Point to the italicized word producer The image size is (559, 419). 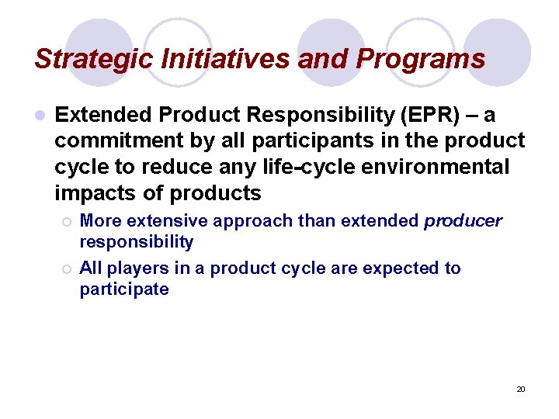point(464,221)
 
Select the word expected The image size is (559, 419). point(403,268)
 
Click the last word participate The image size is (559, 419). point(123,289)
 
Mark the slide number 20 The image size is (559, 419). point(521,389)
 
